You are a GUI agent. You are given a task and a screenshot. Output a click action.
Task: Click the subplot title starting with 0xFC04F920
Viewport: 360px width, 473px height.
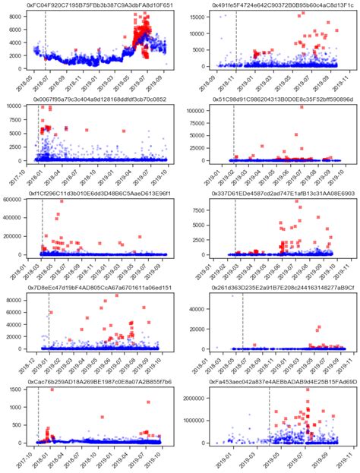(x=99, y=5)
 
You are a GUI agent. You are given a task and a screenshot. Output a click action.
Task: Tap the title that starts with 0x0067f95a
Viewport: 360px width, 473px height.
(x=99, y=99)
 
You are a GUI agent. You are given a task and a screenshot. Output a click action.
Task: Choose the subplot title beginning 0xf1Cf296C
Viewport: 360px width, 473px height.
(x=99, y=194)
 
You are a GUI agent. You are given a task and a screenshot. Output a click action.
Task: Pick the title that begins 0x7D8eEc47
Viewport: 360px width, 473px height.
(x=99, y=288)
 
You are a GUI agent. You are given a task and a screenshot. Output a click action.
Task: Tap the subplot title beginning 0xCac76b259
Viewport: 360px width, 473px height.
(x=99, y=382)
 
